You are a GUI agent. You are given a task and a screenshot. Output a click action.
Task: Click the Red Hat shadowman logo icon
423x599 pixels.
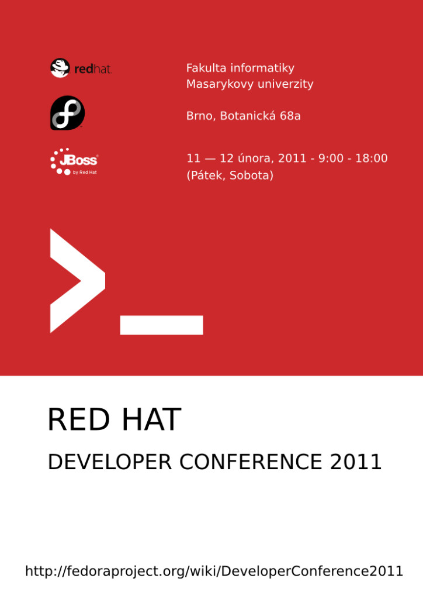[60, 68]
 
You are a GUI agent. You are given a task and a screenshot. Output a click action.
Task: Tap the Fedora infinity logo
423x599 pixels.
[68, 113]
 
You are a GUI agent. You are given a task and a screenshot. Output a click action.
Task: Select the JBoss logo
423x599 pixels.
[74, 161]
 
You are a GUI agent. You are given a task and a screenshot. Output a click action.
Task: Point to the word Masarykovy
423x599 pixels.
[220, 84]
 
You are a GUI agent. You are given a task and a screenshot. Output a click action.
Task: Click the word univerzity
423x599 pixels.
[285, 84]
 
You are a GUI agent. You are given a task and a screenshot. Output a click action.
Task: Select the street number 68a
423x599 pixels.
[290, 116]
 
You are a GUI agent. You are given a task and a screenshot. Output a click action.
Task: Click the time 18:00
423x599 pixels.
[372, 158]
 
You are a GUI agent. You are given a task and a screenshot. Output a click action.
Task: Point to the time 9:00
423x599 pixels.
[331, 158]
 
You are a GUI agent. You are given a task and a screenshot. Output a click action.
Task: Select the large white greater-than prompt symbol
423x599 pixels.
[78, 281]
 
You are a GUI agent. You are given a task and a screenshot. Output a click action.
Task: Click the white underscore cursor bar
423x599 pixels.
[161, 325]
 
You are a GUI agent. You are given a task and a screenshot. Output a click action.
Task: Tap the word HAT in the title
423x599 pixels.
[151, 419]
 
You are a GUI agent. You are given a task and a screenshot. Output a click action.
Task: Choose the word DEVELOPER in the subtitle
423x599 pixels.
[110, 462]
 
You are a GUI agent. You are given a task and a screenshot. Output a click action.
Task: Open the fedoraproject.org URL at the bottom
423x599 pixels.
[214, 571]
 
